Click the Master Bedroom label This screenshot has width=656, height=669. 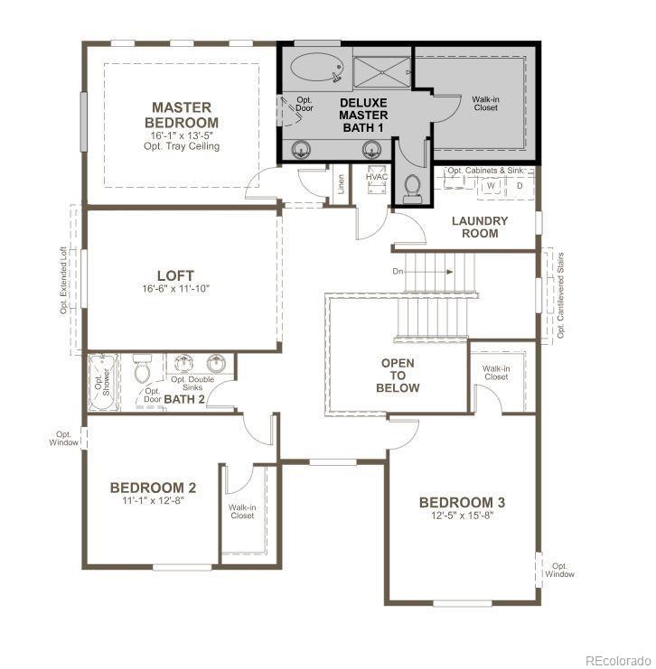point(184,115)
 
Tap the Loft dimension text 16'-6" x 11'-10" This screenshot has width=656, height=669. point(187,289)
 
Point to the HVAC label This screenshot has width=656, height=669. point(377,176)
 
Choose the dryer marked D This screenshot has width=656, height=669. point(519,186)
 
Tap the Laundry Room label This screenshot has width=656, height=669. point(480,227)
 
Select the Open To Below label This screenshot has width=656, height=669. point(398,376)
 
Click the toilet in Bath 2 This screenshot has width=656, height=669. point(143,370)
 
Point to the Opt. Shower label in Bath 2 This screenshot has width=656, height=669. point(99,380)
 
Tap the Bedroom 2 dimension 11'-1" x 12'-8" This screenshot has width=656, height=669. point(153,500)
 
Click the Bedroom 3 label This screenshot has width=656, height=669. point(462,502)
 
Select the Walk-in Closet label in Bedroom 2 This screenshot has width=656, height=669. point(241,512)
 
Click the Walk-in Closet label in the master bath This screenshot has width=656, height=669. point(485,102)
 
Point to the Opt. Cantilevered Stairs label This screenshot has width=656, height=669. point(561,295)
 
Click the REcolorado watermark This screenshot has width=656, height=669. point(618,658)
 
